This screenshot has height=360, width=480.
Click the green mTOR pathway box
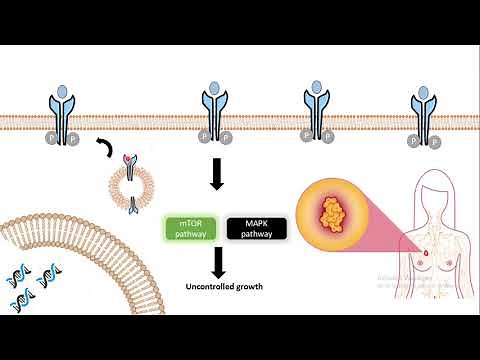click(x=187, y=228)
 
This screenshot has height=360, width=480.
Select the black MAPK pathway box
click(x=259, y=228)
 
